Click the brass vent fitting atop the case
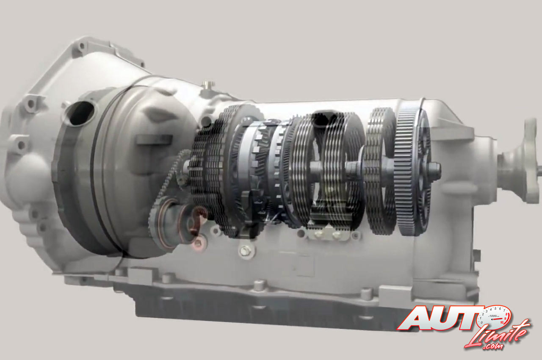[x=207, y=85]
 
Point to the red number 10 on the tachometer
[x=502, y=322]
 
